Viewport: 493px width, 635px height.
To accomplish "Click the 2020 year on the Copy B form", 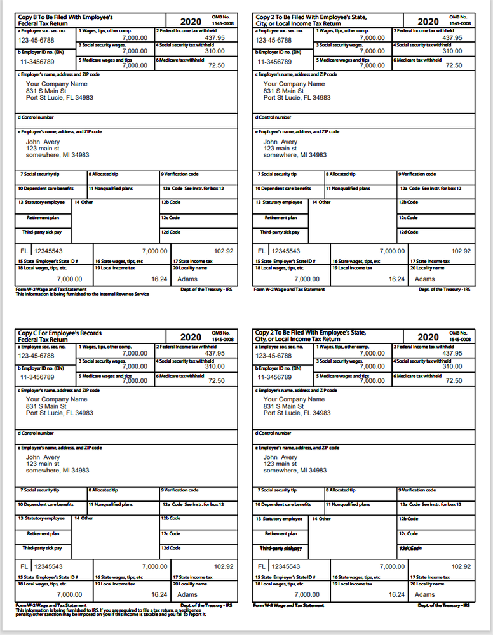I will coord(191,22).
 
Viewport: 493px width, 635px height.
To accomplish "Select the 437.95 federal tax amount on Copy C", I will coord(215,353).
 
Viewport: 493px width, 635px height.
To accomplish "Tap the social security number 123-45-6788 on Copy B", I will coord(36,39).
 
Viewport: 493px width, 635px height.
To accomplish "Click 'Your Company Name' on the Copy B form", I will coord(57,84).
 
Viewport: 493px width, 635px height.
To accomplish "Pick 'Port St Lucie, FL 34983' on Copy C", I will coord(59,413).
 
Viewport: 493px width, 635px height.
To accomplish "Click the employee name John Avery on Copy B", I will coord(43,142).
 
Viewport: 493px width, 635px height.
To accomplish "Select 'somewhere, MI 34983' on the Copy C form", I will coord(57,471).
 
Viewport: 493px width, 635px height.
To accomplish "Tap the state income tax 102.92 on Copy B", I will coord(224,251).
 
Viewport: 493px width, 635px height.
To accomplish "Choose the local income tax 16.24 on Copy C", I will coord(159,594).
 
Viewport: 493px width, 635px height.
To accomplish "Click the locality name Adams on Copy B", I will coord(187,279).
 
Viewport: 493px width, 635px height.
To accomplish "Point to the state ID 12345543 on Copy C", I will coord(48,566).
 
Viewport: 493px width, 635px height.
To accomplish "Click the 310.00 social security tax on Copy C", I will coord(215,366).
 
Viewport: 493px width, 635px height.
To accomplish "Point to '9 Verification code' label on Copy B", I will coord(180,174).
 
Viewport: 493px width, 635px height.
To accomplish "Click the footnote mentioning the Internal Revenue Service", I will coord(82,294).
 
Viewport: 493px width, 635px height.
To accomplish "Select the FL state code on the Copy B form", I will coord(25,251).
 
